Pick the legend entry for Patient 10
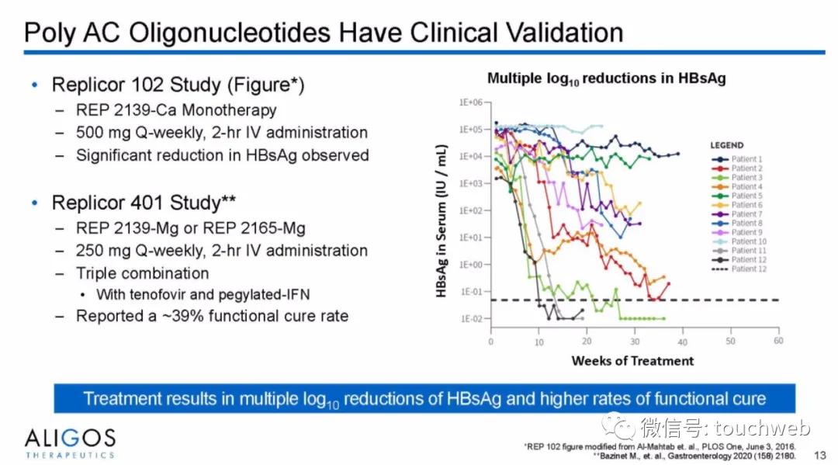pyautogui.click(x=748, y=241)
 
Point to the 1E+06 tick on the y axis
pyautogui.click(x=471, y=102)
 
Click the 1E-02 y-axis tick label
pyautogui.click(x=471, y=319)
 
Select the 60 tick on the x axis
pyautogui.click(x=778, y=341)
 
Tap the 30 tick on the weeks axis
pyautogui.click(x=635, y=341)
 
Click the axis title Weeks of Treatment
pyautogui.click(x=632, y=361)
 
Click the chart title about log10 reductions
pyautogui.click(x=606, y=79)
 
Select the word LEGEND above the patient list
pyautogui.click(x=726, y=145)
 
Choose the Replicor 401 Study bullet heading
pyautogui.click(x=144, y=203)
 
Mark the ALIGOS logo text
pyautogui.click(x=70, y=438)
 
